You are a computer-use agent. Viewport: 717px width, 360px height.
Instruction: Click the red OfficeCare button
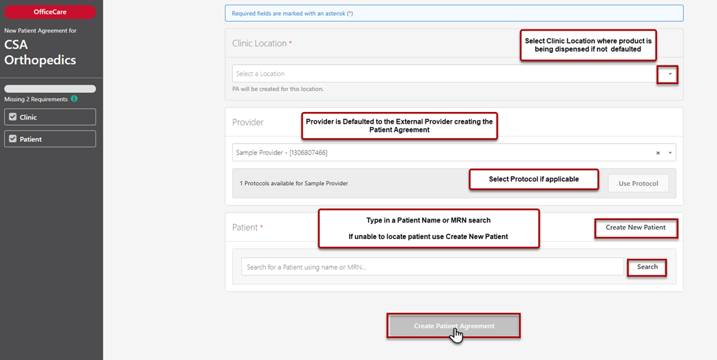click(x=50, y=12)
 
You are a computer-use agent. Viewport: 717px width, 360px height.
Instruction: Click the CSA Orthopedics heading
click(x=40, y=52)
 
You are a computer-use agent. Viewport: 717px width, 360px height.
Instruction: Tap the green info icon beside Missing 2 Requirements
click(x=74, y=98)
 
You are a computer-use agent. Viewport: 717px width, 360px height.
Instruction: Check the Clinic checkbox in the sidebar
click(x=13, y=117)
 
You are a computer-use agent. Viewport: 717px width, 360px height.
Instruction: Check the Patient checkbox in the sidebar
click(x=13, y=139)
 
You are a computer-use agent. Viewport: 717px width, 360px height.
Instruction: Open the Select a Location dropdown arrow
click(x=670, y=74)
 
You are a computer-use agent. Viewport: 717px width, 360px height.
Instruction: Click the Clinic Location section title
click(x=259, y=44)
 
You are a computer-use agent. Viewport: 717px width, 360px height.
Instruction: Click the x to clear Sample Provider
click(x=658, y=153)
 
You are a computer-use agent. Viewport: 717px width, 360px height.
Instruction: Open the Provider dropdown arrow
click(x=671, y=153)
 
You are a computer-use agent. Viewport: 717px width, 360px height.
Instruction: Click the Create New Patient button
click(x=636, y=227)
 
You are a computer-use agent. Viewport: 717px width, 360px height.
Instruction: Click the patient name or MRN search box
click(x=432, y=266)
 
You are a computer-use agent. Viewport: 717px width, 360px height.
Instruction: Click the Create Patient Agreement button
click(x=454, y=326)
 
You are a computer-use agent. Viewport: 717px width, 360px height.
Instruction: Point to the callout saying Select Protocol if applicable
click(x=533, y=179)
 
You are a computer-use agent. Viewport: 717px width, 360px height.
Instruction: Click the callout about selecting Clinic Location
click(x=588, y=45)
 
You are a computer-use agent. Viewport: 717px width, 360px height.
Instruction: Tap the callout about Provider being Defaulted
click(x=399, y=126)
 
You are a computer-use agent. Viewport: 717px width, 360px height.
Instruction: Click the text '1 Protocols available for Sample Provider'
click(x=294, y=184)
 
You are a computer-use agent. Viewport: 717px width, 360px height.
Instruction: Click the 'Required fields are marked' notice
click(x=454, y=13)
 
